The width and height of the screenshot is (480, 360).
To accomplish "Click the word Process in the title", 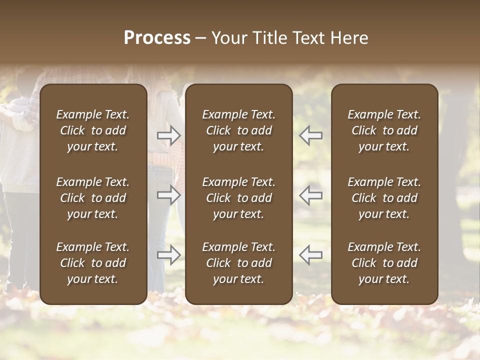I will (157, 38).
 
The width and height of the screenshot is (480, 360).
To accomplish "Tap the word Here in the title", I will (348, 38).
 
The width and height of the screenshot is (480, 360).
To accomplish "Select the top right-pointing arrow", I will (169, 135).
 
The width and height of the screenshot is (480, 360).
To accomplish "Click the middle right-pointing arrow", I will (169, 194).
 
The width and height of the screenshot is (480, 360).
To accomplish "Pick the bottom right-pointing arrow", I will (169, 254).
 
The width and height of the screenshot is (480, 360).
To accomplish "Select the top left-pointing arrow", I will (310, 135).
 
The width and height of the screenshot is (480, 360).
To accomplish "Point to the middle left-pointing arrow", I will (310, 194).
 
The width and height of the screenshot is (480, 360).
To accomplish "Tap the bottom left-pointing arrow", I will (310, 254).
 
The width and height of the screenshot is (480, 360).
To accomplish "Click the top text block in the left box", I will (93, 130).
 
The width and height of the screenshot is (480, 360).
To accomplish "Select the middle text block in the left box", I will (93, 198).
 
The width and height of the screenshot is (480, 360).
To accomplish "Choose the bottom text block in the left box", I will (93, 263).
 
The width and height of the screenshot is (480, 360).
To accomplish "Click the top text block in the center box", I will (239, 130).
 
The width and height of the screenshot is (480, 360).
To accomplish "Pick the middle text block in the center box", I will (239, 198).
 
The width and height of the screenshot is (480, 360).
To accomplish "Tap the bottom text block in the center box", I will (239, 263).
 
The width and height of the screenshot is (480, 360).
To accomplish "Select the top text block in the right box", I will (384, 130).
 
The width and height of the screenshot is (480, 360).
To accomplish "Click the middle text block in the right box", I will (384, 198).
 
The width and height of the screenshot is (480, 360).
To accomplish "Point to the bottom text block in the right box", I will (384, 263).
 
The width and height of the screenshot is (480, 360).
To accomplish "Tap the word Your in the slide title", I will (228, 38).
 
